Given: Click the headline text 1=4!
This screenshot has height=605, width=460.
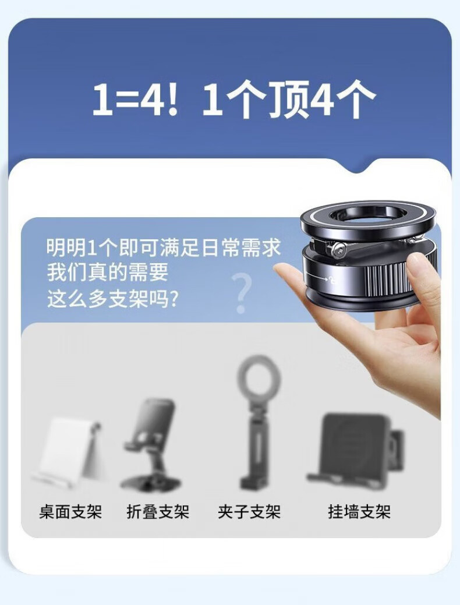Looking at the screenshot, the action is pos(136,99).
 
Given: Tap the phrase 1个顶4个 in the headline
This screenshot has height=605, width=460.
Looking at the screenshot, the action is pos(289,99).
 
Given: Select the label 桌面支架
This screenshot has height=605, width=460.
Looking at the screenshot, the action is pos(70,512).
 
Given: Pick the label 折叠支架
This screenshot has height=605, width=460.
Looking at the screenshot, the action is pos(158,512).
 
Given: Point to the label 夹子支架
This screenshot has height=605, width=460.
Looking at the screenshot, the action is pos(249,512).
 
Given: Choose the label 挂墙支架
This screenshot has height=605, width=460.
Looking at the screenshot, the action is pos(359,512).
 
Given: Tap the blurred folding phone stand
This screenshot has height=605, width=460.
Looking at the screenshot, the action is pos(151,444).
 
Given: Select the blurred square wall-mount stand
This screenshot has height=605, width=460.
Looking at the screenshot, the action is pos(356,450).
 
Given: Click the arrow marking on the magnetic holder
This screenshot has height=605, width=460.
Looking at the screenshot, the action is pos(320,278).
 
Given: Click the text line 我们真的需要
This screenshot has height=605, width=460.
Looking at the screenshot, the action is pos(108,273).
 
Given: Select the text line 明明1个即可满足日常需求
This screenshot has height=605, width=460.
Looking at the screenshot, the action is pos(164,247).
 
